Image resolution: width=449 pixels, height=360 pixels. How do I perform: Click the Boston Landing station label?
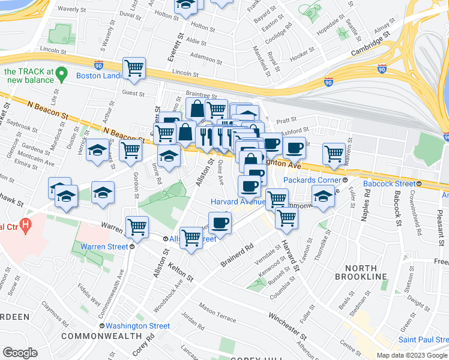[x=99, y=76]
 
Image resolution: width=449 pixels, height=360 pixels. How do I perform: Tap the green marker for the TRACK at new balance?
[x=61, y=76]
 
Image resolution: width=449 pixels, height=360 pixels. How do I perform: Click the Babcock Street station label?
[x=390, y=183]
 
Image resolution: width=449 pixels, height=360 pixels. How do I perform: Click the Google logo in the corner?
[x=20, y=352]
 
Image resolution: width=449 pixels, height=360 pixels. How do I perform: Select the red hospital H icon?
[x=25, y=226]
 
